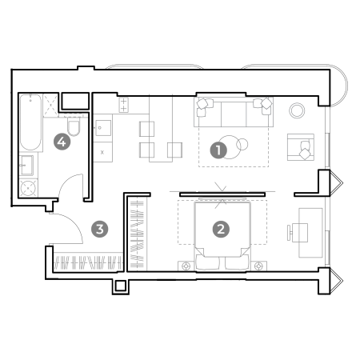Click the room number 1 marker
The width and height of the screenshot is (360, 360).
tap(218, 150)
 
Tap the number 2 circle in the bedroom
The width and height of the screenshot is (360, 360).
tap(221, 229)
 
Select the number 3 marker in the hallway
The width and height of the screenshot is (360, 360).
tap(100, 229)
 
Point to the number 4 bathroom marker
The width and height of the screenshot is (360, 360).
tap(62, 142)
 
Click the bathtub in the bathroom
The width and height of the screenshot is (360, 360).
tap(30, 122)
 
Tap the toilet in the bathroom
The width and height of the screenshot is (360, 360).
tap(74, 126)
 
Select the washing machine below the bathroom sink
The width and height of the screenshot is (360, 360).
tap(28, 188)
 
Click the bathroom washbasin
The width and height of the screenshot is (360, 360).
tap(26, 166)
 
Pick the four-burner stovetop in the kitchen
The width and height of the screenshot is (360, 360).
tap(123, 105)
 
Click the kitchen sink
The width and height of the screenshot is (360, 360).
tap(103, 128)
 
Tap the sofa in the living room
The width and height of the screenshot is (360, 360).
tap(234, 112)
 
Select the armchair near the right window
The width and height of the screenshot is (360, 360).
tap(301, 147)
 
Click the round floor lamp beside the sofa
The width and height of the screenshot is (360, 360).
tap(297, 110)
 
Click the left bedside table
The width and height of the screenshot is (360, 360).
tap(186, 266)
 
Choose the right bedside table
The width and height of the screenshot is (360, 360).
tap(258, 266)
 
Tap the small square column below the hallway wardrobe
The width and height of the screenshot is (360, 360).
tap(121, 286)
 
